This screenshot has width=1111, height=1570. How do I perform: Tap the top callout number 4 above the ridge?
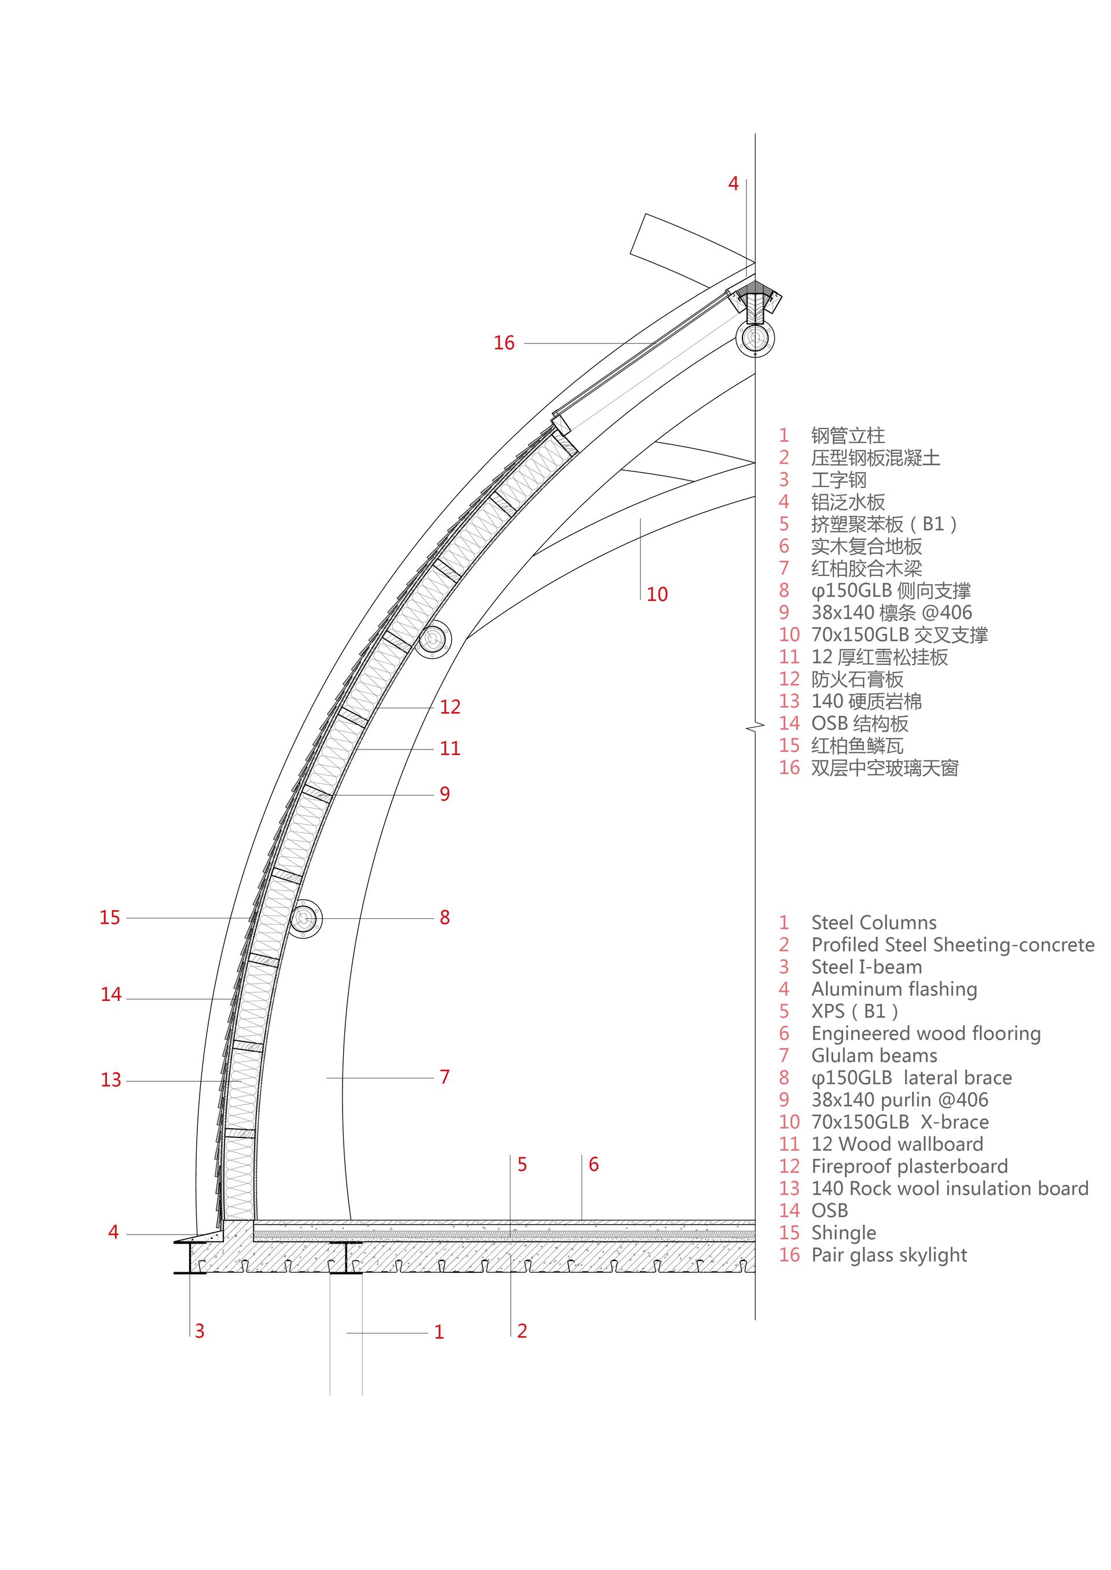[x=733, y=183]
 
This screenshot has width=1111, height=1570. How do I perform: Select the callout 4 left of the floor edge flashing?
[x=113, y=1232]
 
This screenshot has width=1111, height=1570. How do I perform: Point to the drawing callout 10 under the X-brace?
[x=657, y=594]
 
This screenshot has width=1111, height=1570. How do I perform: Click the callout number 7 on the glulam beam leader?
[x=444, y=1077]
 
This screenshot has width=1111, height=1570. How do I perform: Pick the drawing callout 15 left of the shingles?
[x=109, y=917]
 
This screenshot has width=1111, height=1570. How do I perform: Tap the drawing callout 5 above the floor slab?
[x=522, y=1165]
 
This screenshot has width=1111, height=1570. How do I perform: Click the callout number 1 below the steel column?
[x=439, y=1331]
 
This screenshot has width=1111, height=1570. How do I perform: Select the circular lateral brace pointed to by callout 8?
[x=305, y=918]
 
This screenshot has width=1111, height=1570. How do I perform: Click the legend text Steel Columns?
[x=874, y=922]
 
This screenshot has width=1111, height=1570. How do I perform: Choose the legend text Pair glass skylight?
[x=889, y=1255]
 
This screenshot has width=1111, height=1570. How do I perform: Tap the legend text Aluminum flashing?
[x=894, y=989]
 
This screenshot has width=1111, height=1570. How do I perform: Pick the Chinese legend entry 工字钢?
[x=838, y=479]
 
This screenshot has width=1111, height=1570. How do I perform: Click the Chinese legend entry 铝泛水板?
[x=848, y=502]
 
